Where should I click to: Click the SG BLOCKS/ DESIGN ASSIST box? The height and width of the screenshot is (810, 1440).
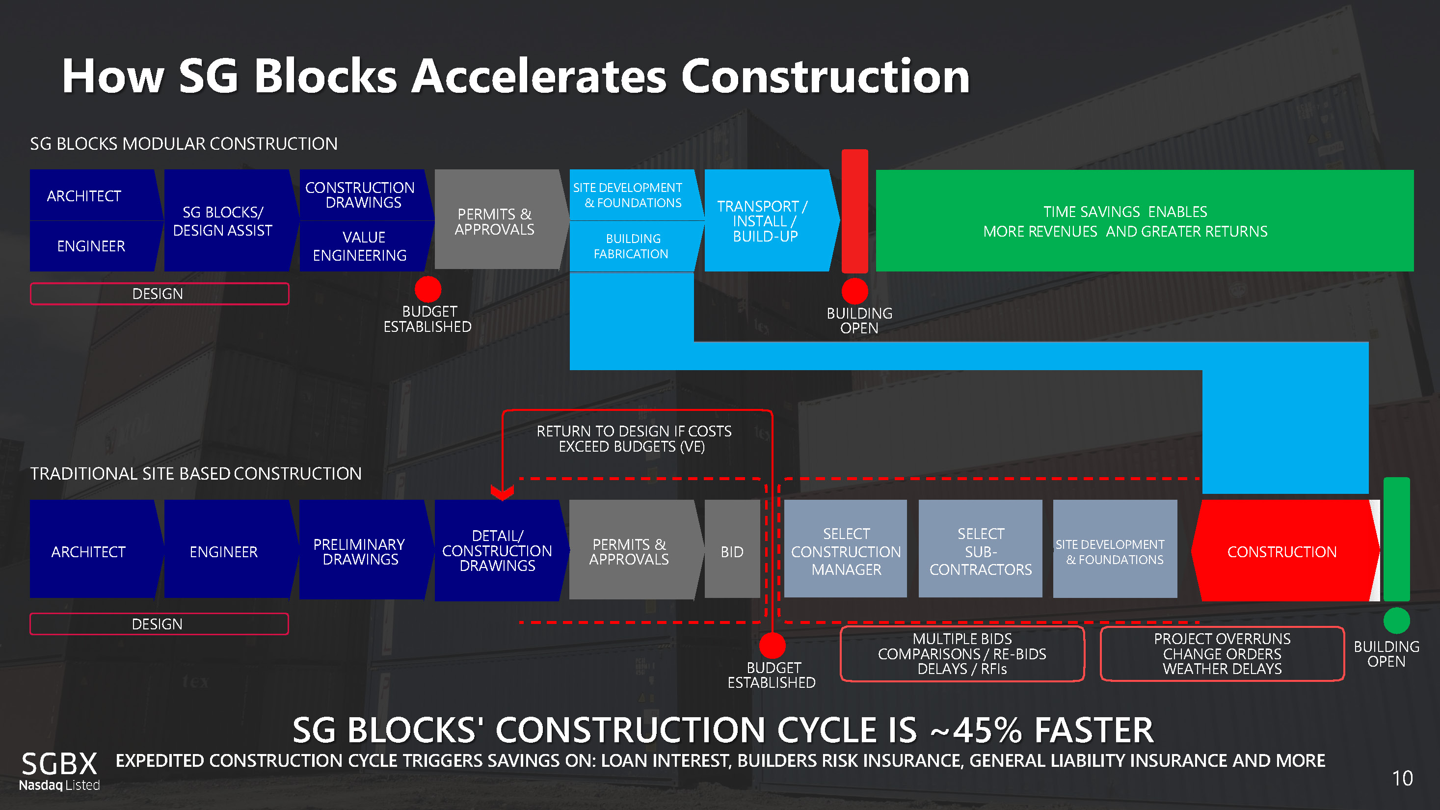224,221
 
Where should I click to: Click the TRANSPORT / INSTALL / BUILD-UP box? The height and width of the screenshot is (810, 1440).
766,221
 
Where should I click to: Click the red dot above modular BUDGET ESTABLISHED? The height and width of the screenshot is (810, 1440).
428,289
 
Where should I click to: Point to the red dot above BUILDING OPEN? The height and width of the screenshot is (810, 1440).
854,291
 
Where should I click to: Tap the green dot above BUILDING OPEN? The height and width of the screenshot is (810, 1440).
1396,621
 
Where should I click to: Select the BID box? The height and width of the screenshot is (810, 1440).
732,552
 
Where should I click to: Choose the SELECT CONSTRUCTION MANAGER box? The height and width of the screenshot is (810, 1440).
846,552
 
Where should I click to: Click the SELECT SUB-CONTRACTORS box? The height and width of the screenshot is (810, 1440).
981,552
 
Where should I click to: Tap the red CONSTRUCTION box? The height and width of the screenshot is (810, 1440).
1282,552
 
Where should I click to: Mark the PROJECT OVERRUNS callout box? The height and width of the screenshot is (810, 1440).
1222,654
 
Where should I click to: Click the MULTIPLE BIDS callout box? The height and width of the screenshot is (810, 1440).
962,654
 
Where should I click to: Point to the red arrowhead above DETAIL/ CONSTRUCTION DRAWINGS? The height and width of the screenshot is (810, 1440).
502,492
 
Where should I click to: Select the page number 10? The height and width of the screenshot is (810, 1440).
1402,779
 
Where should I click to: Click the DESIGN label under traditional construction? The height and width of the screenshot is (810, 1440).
159,624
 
